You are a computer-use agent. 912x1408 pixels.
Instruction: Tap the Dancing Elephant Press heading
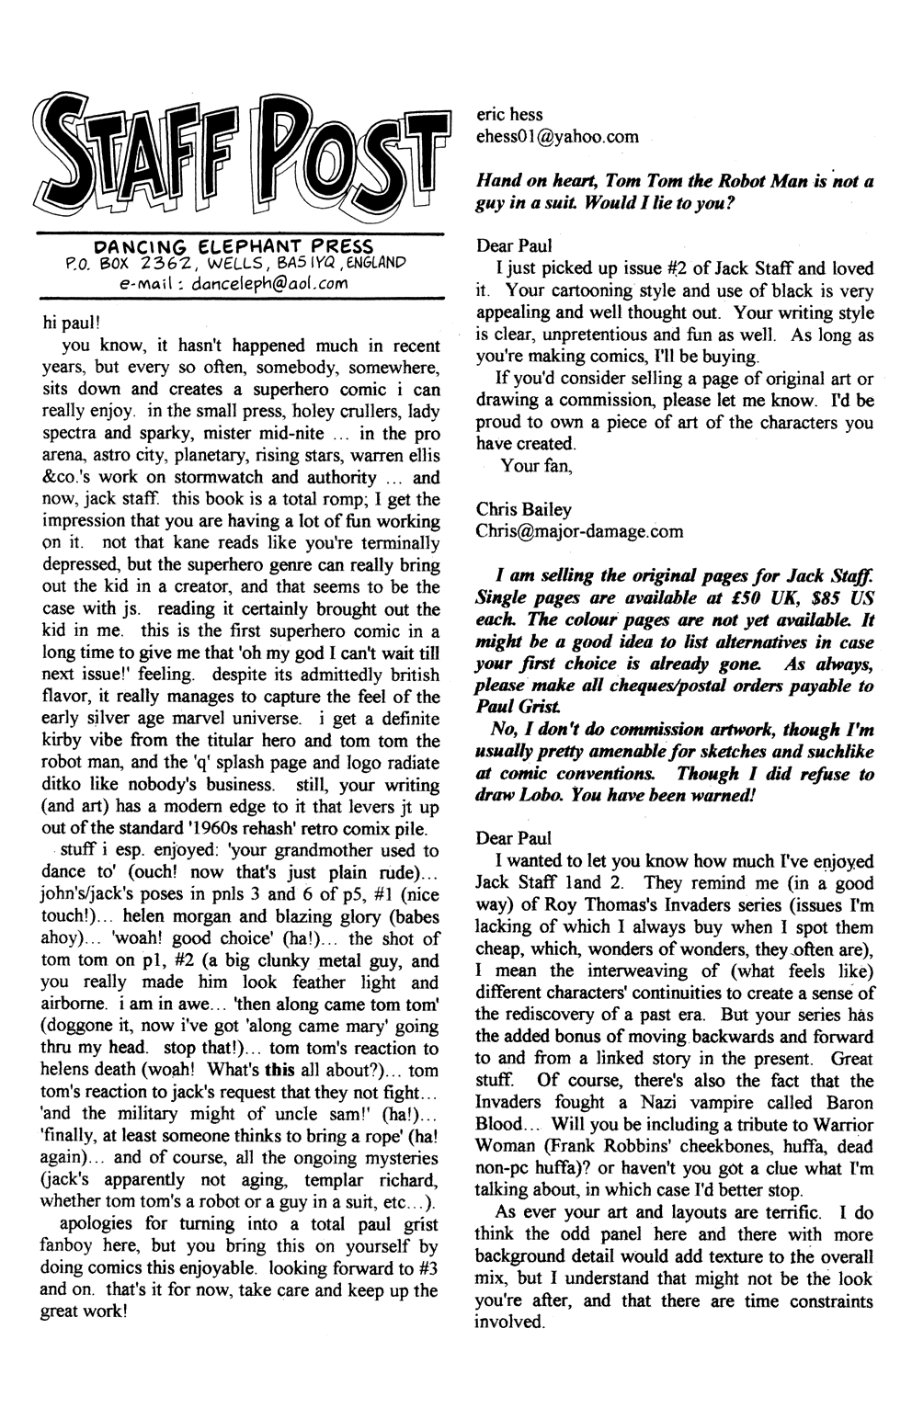234,246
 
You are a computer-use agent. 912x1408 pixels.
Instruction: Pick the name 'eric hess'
509,115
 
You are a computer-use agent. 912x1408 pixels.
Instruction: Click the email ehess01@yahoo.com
557,137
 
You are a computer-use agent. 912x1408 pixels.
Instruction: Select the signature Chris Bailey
523,509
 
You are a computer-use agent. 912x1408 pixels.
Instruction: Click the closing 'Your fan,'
536,465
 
